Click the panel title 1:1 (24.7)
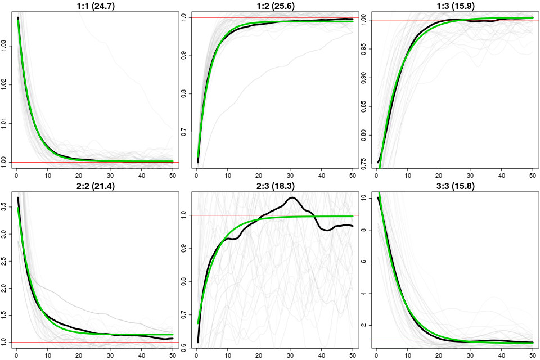(x=91, y=6)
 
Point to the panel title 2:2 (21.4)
(x=91, y=186)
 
